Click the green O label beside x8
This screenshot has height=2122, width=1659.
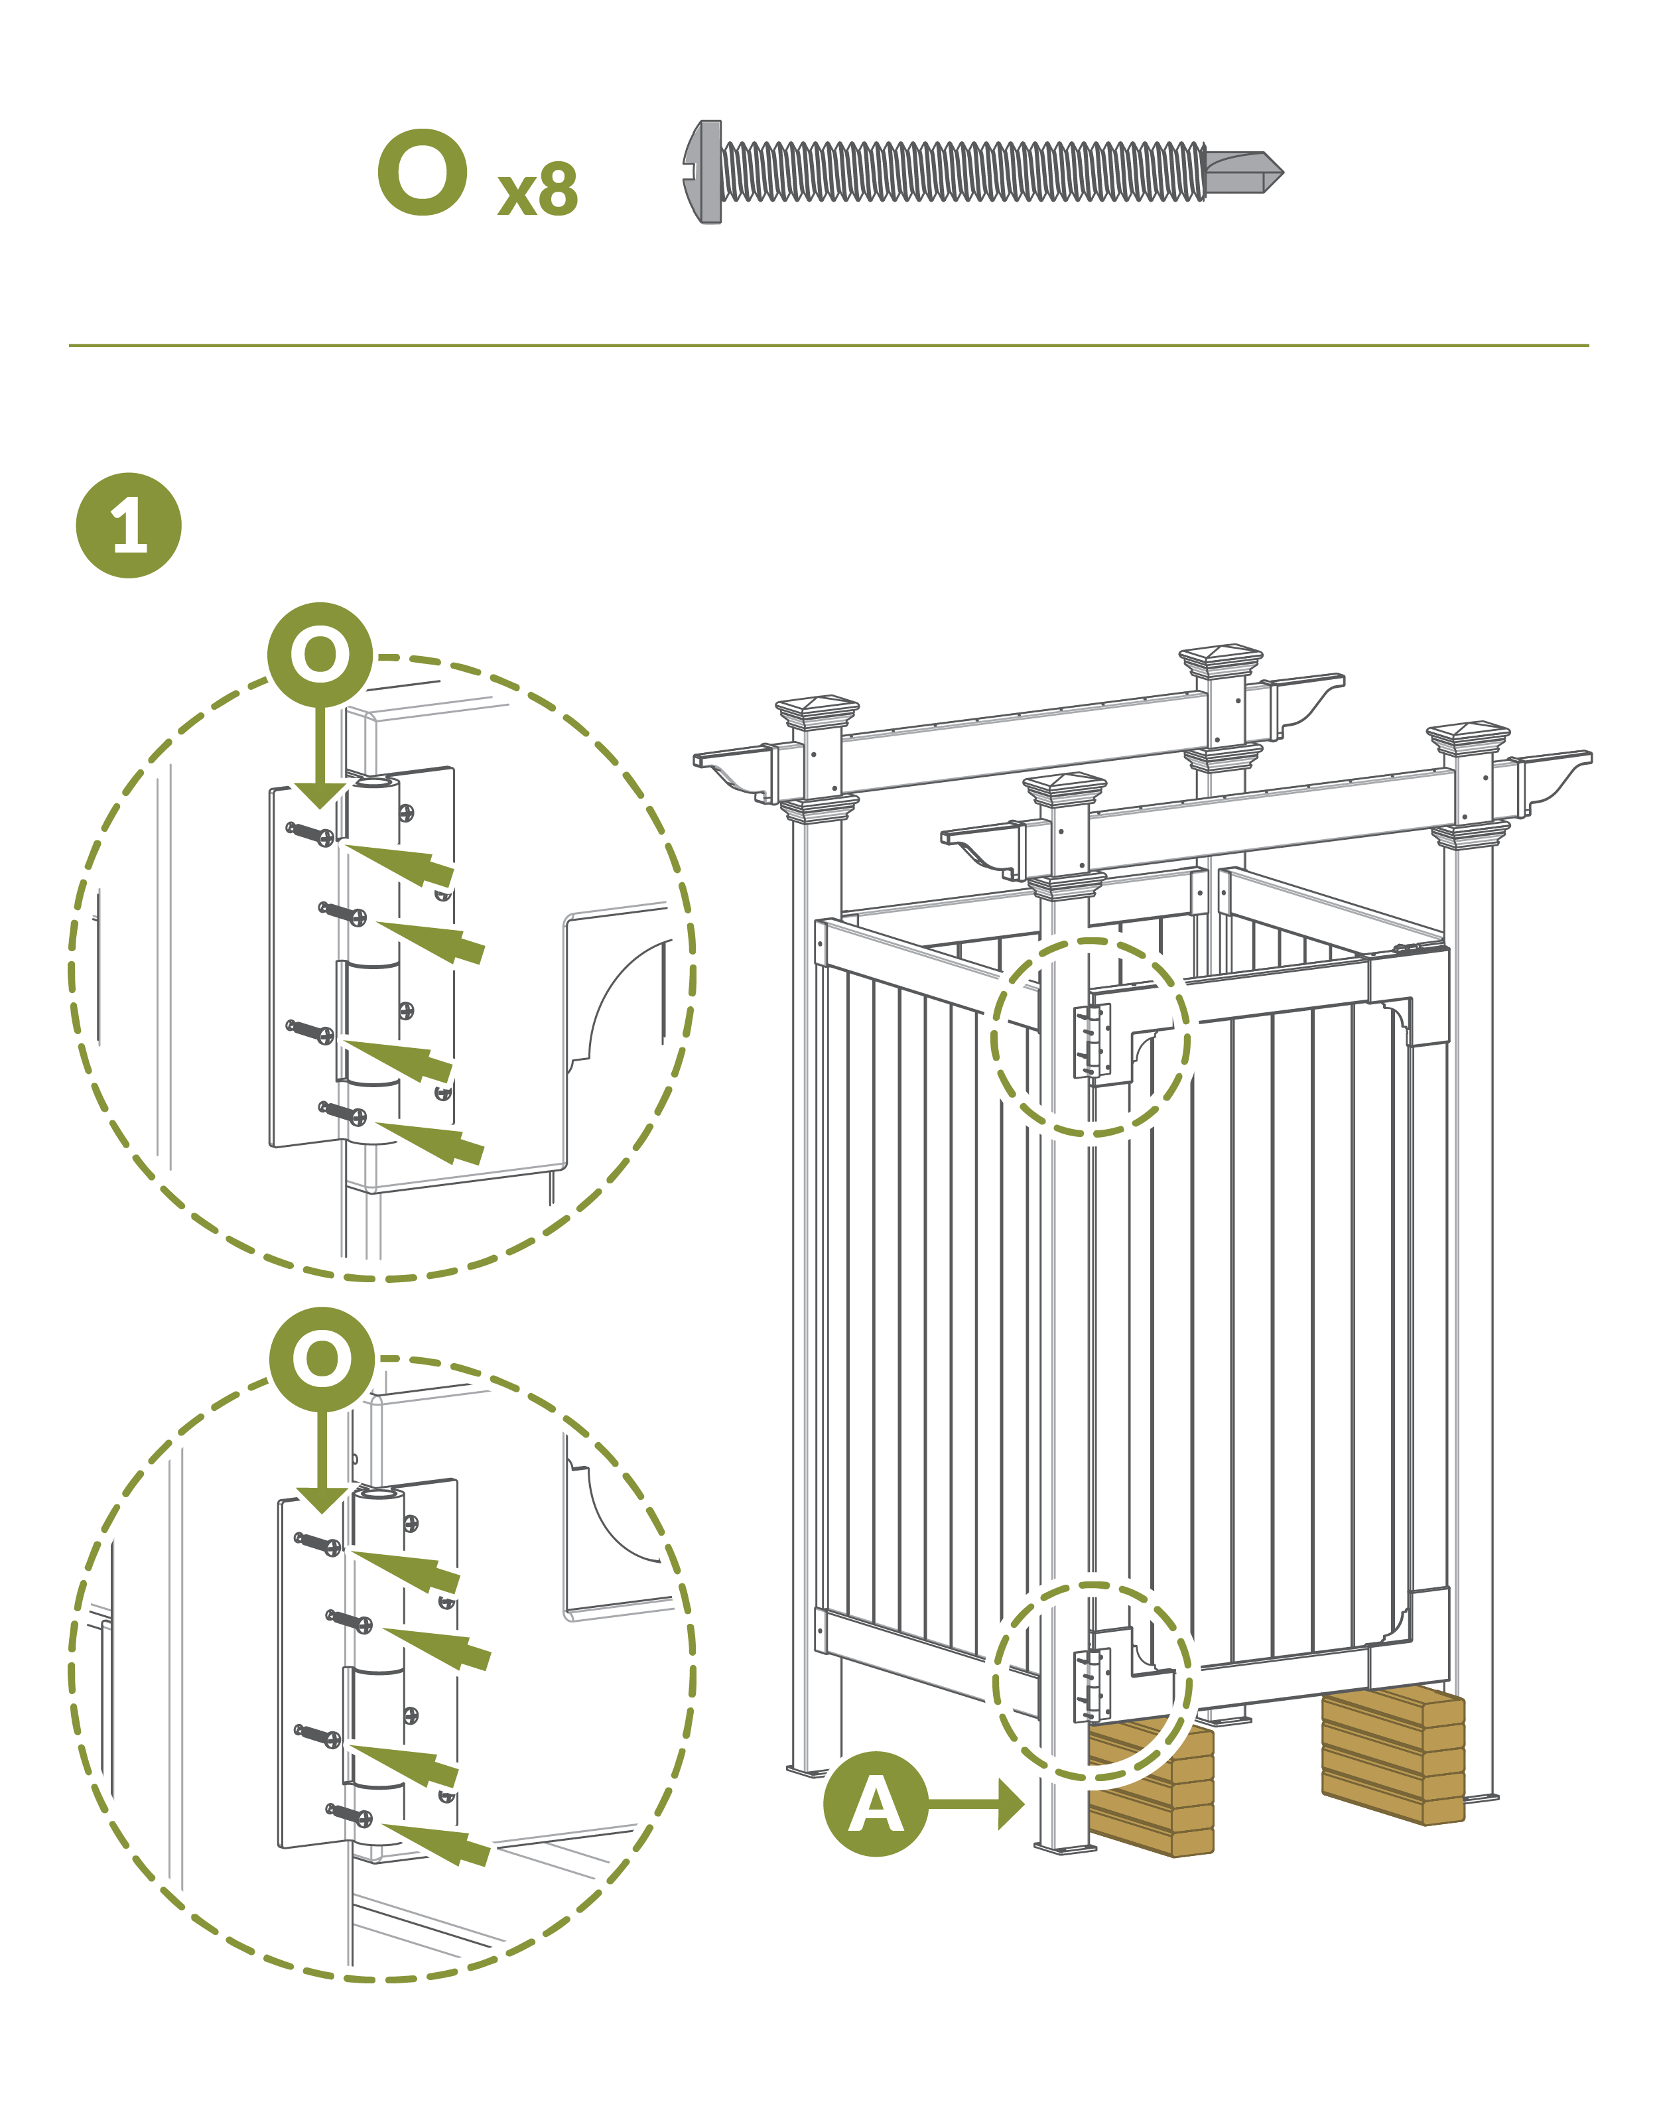423,173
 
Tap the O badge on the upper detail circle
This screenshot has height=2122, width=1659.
320,655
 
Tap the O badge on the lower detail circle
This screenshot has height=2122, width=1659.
322,1359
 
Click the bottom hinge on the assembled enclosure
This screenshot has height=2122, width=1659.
1091,1685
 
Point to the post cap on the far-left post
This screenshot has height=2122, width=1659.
817,712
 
